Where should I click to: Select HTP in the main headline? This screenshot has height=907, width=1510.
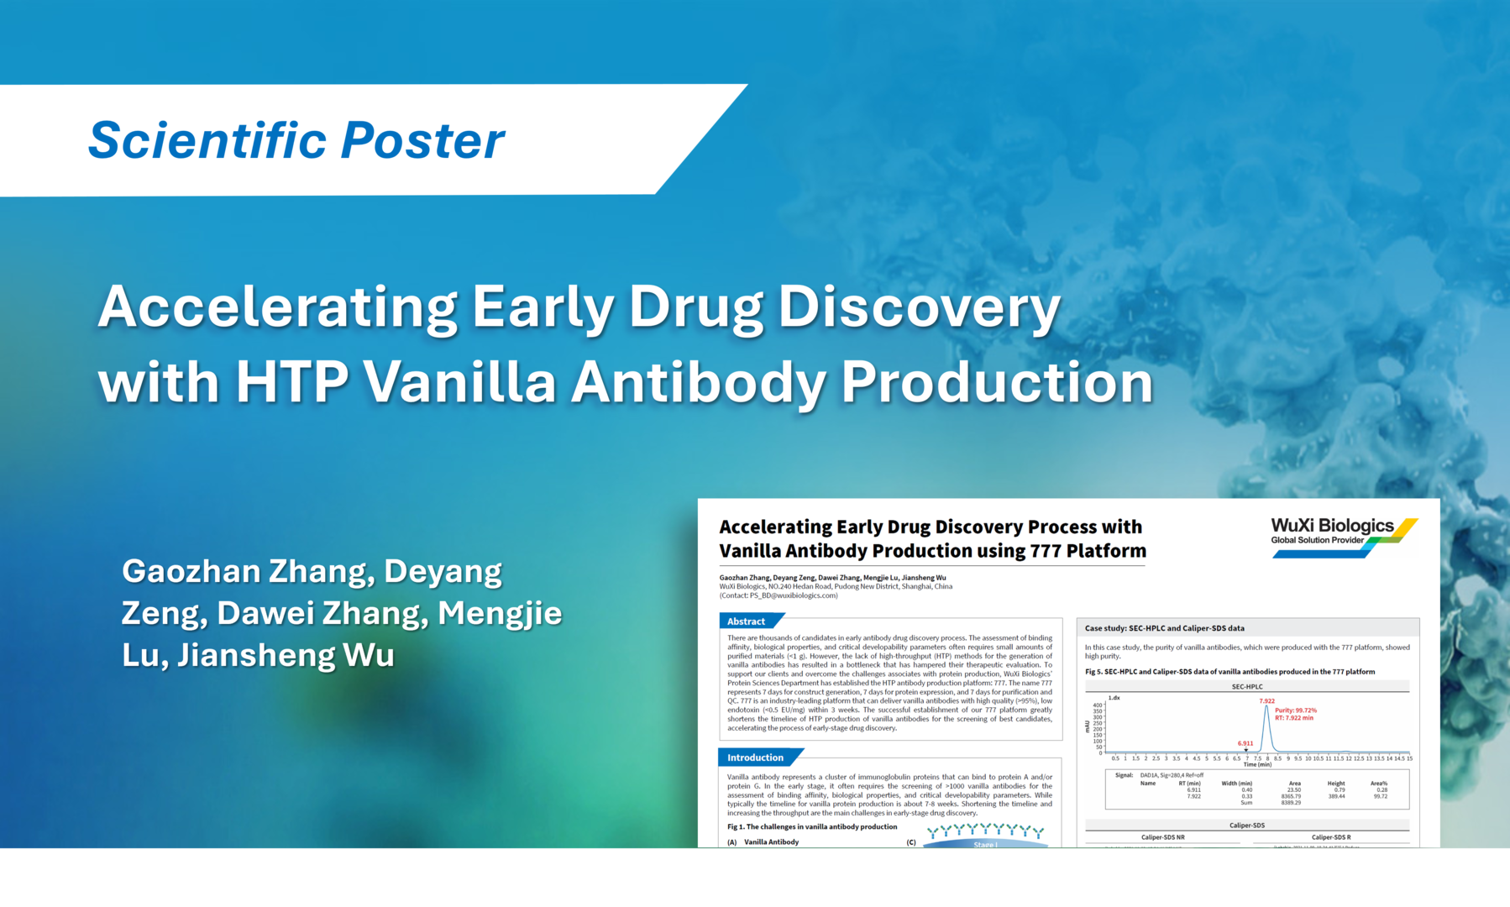[291, 382]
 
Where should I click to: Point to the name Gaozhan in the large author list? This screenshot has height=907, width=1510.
[191, 571]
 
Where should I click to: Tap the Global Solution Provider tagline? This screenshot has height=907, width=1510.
[1317, 540]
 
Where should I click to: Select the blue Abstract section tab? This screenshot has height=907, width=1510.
[747, 621]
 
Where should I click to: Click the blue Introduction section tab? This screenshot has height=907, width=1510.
[755, 758]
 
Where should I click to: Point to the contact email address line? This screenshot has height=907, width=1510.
[778, 595]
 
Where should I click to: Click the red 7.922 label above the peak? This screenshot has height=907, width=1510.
[1266, 700]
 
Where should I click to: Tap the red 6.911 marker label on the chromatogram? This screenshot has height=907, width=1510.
[1245, 743]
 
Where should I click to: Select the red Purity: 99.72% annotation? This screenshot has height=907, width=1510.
[1295, 710]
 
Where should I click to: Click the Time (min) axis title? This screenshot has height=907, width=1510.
[1257, 764]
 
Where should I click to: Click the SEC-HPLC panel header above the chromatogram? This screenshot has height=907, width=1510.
[1246, 686]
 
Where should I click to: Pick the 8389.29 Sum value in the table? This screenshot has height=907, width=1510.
[1290, 803]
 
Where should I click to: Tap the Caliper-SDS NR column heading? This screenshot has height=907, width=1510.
[1162, 837]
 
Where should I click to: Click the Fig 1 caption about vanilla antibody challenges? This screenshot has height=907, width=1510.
[811, 826]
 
